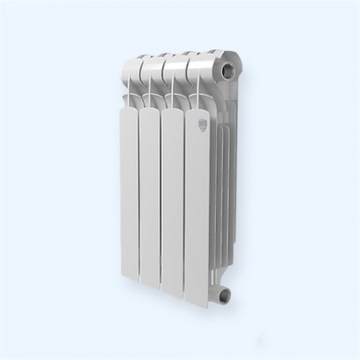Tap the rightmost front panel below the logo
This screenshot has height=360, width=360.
(x=198, y=216)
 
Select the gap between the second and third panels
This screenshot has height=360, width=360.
(x=162, y=204)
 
